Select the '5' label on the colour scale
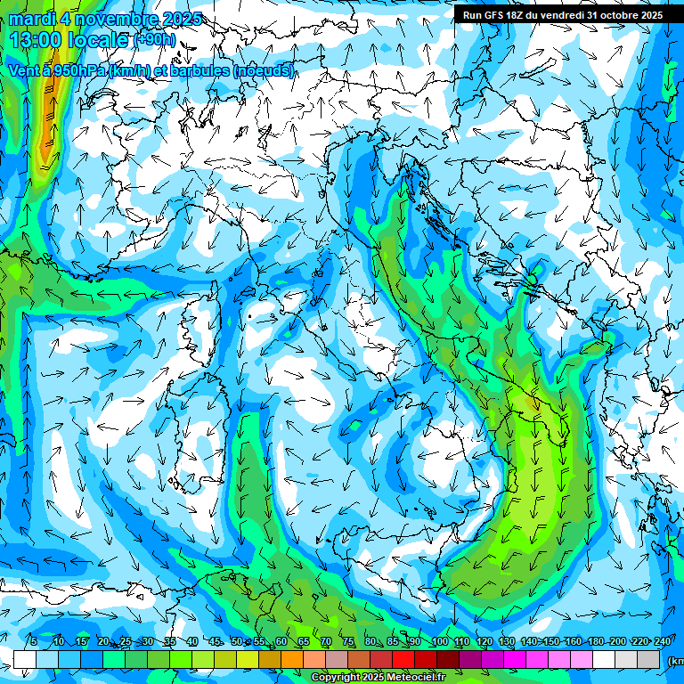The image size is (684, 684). [34, 641]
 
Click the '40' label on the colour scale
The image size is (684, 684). [192, 641]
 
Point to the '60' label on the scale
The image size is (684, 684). [281, 641]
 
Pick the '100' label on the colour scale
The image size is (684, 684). [439, 641]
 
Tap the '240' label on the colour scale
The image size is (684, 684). [662, 641]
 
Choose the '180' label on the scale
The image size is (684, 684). [596, 641]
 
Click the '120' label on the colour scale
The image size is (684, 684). [484, 641]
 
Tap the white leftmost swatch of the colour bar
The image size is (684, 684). [25, 659]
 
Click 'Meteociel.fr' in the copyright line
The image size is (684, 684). [421, 678]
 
